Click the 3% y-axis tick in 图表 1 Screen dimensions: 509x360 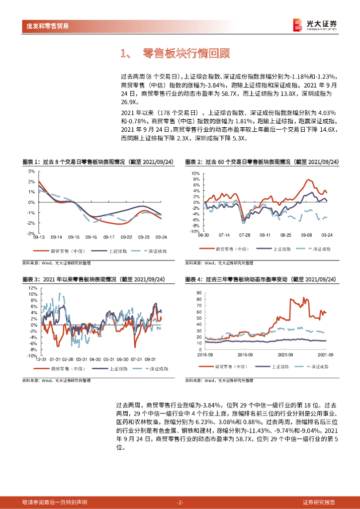pos(31,170)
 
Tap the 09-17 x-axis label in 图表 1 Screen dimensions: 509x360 pos(109,237)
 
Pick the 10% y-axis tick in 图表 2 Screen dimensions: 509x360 pos(195,173)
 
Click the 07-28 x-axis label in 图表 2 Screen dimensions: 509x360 pos(245,235)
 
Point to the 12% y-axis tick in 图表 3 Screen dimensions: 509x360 pos(32,288)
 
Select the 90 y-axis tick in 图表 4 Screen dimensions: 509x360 pos(199,293)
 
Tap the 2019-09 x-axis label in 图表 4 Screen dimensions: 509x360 pos(244,354)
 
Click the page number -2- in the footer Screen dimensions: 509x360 pos(180,502)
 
